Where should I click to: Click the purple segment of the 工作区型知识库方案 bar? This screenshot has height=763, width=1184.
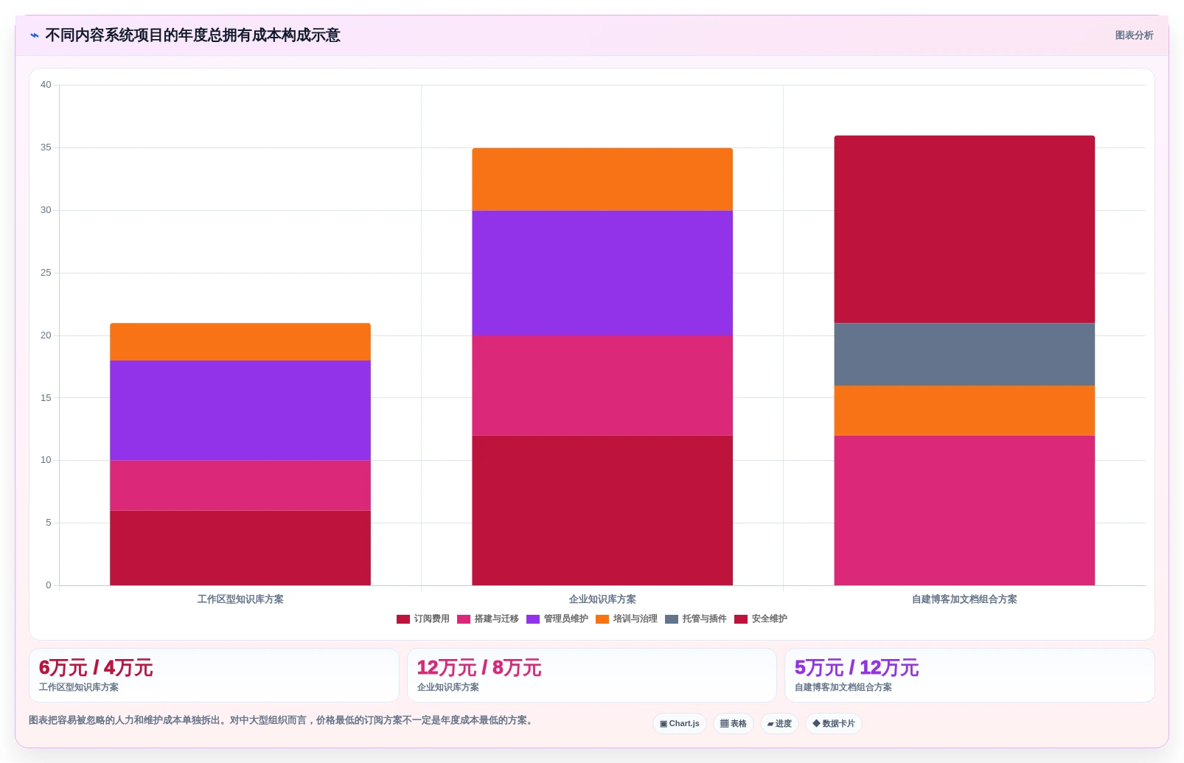[240, 410]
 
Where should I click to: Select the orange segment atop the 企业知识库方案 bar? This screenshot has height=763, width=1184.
[602, 179]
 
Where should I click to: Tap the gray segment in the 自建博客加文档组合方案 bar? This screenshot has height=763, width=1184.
[964, 354]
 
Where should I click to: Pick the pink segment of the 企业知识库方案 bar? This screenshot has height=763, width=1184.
[602, 386]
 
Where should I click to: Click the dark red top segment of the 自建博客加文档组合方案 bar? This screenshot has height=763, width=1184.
[964, 229]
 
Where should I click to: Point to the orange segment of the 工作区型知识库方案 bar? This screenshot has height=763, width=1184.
[240, 341]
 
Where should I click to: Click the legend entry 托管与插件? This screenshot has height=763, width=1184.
[696, 619]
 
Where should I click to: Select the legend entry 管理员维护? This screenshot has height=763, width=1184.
[557, 619]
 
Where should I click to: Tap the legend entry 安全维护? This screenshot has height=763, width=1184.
[761, 619]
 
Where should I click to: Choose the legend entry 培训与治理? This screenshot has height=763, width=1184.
[627, 619]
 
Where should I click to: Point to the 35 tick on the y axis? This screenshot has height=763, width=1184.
[46, 147]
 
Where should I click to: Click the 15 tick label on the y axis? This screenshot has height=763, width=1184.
[46, 398]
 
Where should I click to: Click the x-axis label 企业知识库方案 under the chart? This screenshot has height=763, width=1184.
[602, 599]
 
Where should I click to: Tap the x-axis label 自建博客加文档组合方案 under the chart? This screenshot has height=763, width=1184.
[964, 599]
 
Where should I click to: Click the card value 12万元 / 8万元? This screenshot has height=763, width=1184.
[479, 668]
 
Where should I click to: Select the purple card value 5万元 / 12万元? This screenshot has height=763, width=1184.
[856, 668]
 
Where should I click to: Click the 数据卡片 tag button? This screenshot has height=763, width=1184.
[834, 723]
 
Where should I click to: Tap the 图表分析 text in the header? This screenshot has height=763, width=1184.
[1134, 35]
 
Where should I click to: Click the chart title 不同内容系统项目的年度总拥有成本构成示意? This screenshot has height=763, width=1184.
[193, 35]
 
